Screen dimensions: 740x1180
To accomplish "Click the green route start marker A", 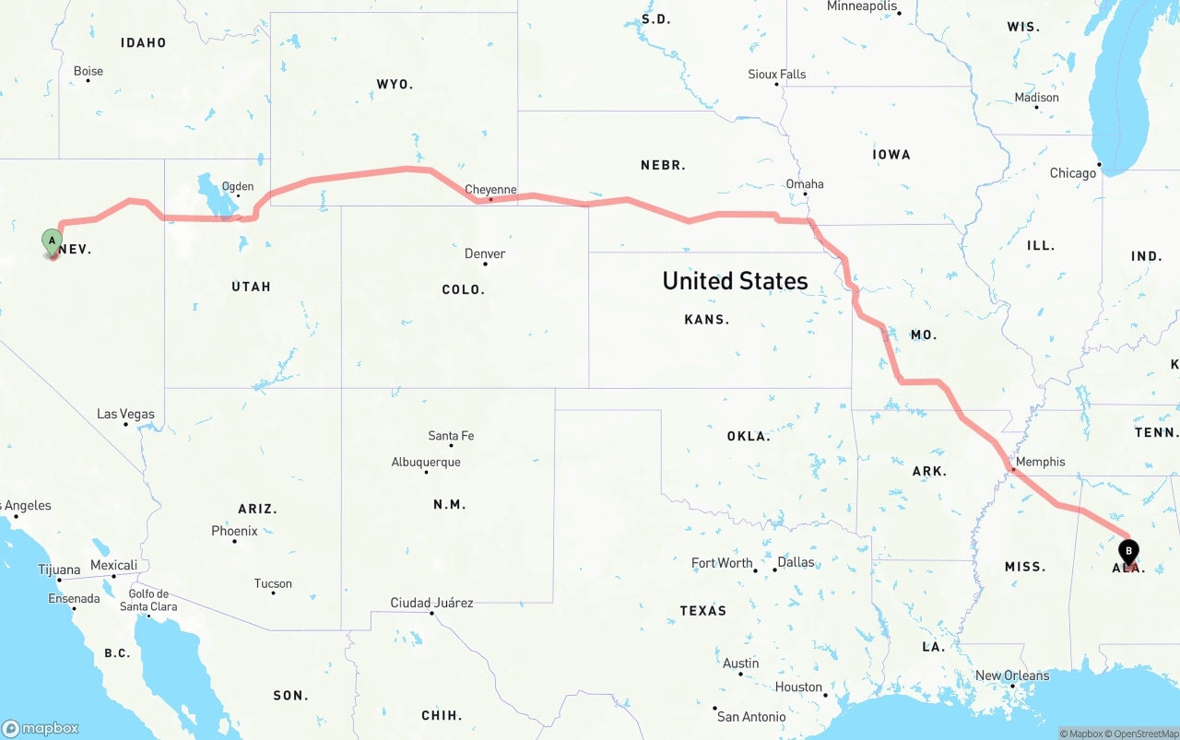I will (53, 242).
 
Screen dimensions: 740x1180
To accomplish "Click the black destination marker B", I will (1127, 551).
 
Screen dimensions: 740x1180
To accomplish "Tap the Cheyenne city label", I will (490, 190).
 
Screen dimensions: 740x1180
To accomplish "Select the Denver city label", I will (485, 253).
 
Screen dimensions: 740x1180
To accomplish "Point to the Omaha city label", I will (805, 183).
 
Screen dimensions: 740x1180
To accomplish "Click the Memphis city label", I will (1040, 462).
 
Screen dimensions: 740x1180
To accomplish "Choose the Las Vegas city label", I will (126, 414).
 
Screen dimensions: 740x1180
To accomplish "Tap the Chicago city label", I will (1073, 173).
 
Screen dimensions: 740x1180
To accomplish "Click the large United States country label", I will (735, 281).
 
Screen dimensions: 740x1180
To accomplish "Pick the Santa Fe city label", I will (451, 436).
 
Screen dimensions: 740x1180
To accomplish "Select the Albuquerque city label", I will (426, 462).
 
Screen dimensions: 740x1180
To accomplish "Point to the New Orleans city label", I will (1012, 675).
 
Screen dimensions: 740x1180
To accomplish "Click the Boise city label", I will (88, 71).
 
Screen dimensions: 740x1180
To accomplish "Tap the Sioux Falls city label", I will (776, 74).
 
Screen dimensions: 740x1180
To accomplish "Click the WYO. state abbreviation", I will (395, 84).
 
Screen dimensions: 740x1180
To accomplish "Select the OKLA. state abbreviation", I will (749, 436).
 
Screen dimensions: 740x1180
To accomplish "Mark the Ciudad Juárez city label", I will (431, 603).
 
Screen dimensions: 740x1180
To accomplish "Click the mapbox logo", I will (41, 728).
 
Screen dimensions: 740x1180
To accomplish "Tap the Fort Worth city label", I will (722, 562).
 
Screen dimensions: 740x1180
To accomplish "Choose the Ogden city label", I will (237, 186).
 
